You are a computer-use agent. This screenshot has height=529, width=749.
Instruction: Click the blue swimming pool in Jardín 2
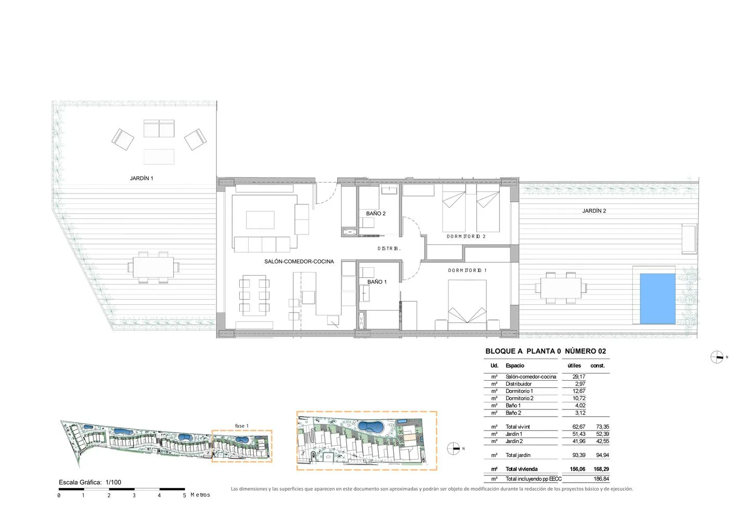tap(657, 299)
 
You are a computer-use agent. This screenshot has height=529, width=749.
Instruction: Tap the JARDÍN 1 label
tap(141, 178)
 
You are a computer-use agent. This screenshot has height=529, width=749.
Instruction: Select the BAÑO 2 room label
tap(376, 213)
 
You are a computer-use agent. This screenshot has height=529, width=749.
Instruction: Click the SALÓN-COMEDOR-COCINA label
tap(299, 262)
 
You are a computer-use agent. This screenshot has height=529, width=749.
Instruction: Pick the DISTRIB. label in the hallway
tap(389, 249)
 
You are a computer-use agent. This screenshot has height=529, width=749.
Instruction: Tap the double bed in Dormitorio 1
tap(467, 301)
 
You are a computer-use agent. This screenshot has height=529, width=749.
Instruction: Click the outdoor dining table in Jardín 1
tap(153, 267)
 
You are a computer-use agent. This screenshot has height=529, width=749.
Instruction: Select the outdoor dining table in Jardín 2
tap(561, 288)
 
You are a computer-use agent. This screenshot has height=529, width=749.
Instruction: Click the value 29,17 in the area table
tap(579, 377)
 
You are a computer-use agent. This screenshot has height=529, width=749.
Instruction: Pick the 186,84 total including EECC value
tap(601, 479)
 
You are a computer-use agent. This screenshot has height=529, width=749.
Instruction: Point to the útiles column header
tap(574, 366)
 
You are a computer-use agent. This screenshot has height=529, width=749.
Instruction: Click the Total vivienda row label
tap(522, 469)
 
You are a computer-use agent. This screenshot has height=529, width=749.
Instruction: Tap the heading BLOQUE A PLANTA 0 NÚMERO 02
tap(546, 351)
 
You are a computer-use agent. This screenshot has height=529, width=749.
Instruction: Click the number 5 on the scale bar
tap(184, 495)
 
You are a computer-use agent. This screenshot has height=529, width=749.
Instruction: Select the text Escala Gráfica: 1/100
tap(90, 482)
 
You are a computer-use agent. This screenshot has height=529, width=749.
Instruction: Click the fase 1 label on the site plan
tap(242, 425)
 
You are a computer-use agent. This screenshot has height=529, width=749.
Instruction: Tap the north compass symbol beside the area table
tap(717, 357)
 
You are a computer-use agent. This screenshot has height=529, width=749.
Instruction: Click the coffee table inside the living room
tap(260, 220)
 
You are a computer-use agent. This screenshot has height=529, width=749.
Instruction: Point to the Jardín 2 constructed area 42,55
tap(602, 441)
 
